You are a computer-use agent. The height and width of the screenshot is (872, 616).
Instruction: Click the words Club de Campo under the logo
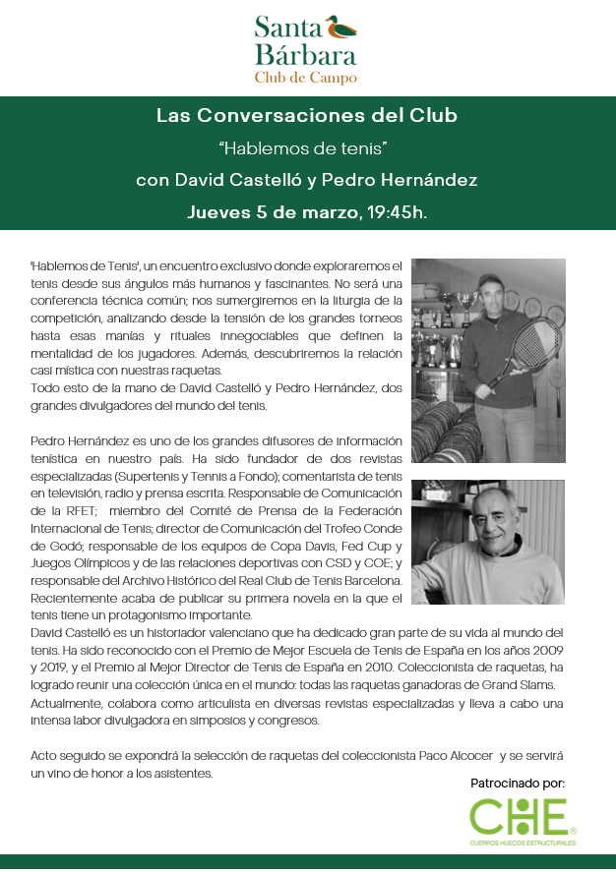(x=305, y=77)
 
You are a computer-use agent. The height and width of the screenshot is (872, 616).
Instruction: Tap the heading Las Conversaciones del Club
(x=307, y=116)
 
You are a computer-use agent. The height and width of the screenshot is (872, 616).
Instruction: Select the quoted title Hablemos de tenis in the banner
(x=307, y=148)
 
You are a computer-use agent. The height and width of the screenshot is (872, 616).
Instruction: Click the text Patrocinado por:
(x=518, y=783)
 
